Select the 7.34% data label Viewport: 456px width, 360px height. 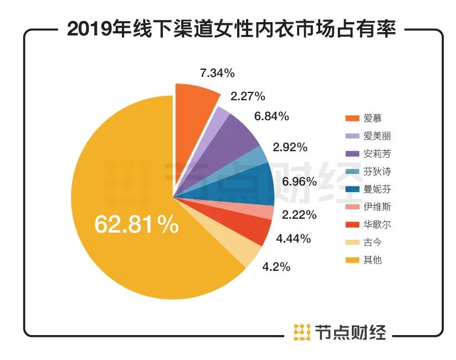click(217, 73)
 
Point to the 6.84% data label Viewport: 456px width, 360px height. click(271, 116)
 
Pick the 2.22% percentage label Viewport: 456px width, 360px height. click(299, 214)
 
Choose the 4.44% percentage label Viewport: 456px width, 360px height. click(293, 239)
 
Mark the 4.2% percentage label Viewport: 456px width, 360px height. click(275, 267)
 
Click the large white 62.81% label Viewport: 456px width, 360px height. click(136, 224)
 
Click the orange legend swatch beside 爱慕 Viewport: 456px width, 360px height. click(352, 119)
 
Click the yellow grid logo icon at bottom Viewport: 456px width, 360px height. click(301, 332)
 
